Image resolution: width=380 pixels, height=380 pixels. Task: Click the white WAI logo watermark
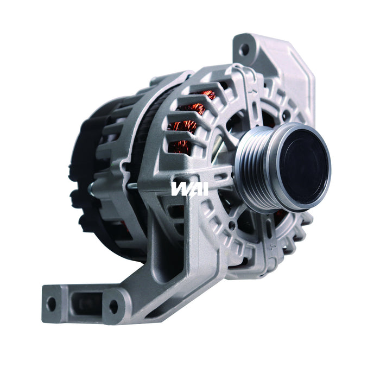click(182, 188)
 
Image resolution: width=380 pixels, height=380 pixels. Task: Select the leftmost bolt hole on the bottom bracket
click(52, 303)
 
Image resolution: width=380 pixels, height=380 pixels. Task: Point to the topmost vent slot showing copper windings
click(201, 98)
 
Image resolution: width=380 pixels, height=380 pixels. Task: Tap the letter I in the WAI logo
click(190, 188)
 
